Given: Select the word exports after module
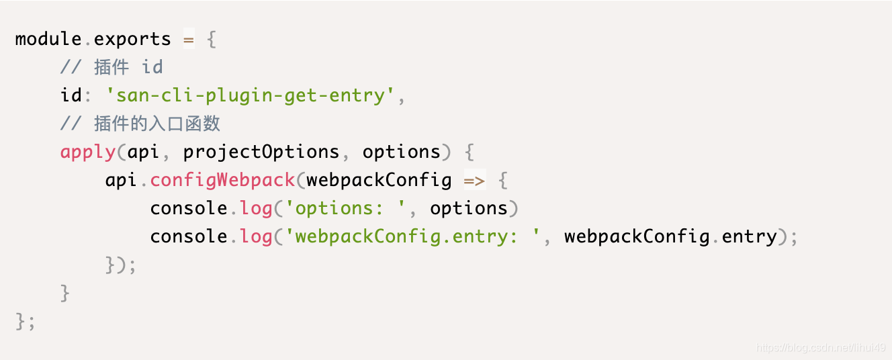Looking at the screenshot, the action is point(132,39).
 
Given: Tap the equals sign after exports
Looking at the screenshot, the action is point(189,39).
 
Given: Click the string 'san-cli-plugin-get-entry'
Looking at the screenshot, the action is point(251,95).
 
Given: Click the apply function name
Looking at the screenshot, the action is point(88,152).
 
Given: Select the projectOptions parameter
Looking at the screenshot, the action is point(261,152).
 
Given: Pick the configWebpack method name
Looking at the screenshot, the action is point(222,180).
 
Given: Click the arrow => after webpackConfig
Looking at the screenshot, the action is point(475,180).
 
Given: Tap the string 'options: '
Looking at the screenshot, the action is point(345,208).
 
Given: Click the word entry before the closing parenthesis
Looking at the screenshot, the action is point(749,236).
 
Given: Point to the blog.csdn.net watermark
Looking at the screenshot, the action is point(820,347).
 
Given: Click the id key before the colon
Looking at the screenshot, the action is point(71,95).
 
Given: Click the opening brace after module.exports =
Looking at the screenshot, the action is point(211,39).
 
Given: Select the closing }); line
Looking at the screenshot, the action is point(121,265).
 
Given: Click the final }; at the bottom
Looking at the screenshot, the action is point(26,321).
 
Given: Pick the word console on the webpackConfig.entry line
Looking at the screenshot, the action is point(189,236).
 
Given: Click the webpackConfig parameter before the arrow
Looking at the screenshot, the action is point(379,180).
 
